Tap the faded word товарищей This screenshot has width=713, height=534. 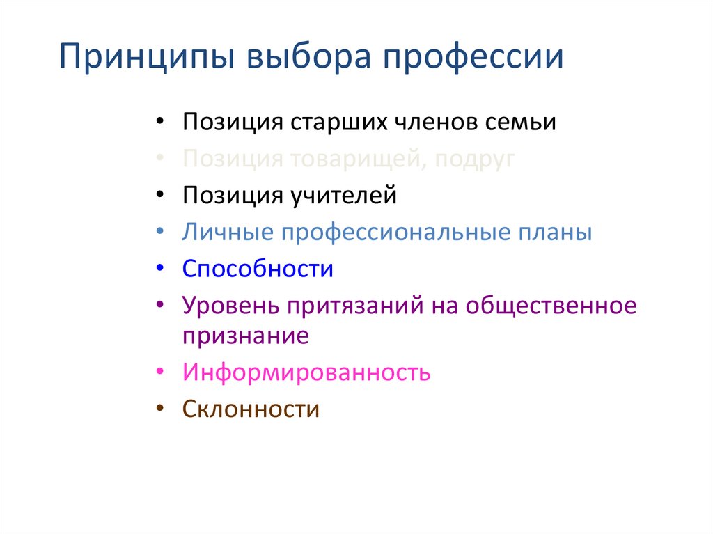point(354,159)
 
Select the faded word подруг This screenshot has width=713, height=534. point(475,159)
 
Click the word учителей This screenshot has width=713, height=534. point(341,196)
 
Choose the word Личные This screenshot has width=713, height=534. point(228,232)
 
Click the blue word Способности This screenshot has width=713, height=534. point(258,269)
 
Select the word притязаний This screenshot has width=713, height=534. point(352,305)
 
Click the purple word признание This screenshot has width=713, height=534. point(245,336)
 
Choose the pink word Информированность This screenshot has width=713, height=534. point(306,372)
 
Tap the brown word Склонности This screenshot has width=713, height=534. point(251,409)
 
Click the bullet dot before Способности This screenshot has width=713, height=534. point(161,269)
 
